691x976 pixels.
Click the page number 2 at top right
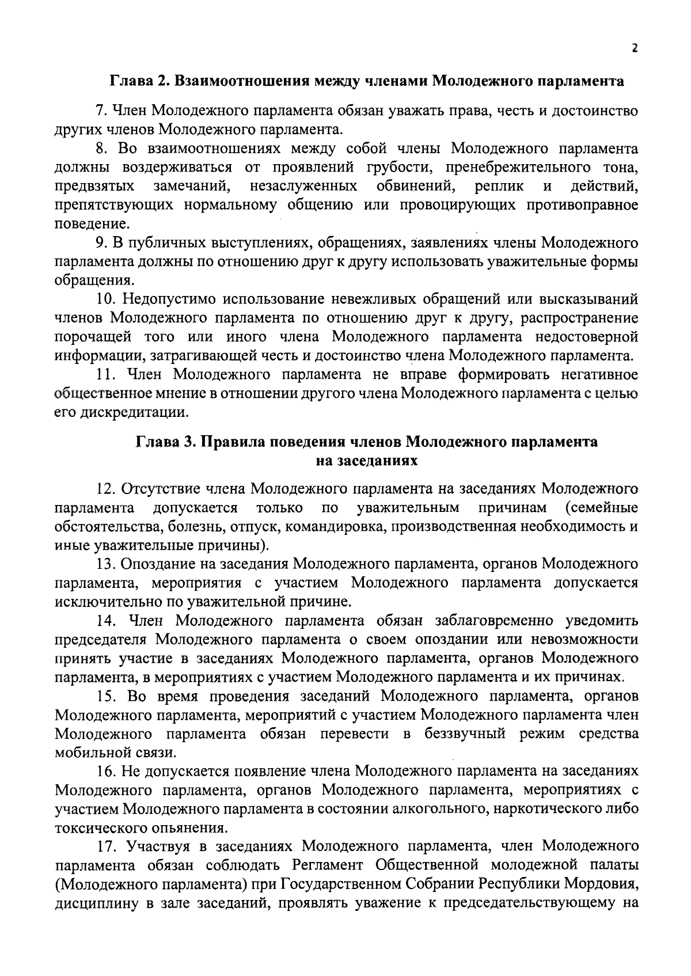tap(634, 49)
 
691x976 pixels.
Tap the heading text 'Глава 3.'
tap(164, 443)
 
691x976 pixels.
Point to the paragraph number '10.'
tap(106, 299)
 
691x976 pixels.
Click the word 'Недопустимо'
tap(169, 299)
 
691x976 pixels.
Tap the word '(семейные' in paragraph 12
tap(601, 508)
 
